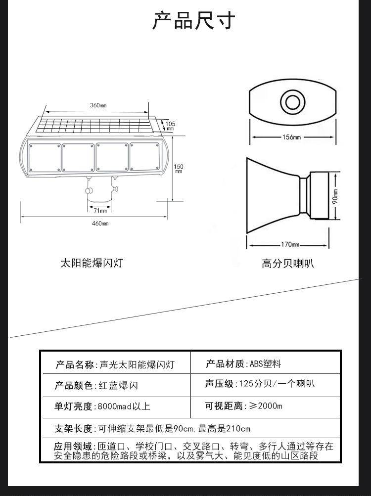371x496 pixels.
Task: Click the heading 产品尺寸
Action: (193, 21)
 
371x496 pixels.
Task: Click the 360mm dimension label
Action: (98, 105)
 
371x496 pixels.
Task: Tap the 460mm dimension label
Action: (100, 224)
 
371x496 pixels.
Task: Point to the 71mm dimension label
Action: (100, 211)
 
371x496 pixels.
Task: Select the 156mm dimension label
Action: (291, 137)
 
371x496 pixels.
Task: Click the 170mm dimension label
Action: (290, 245)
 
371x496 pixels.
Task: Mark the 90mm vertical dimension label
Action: (335, 196)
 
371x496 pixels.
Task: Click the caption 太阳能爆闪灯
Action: (92, 263)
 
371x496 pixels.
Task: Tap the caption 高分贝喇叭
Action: (287, 264)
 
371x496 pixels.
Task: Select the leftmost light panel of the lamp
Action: (45, 158)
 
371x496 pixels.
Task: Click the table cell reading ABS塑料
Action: (265, 364)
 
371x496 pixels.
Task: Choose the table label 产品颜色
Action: (74, 386)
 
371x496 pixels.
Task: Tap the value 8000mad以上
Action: (124, 407)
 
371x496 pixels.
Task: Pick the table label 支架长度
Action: (74, 429)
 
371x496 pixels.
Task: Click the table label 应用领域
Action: (73, 446)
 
